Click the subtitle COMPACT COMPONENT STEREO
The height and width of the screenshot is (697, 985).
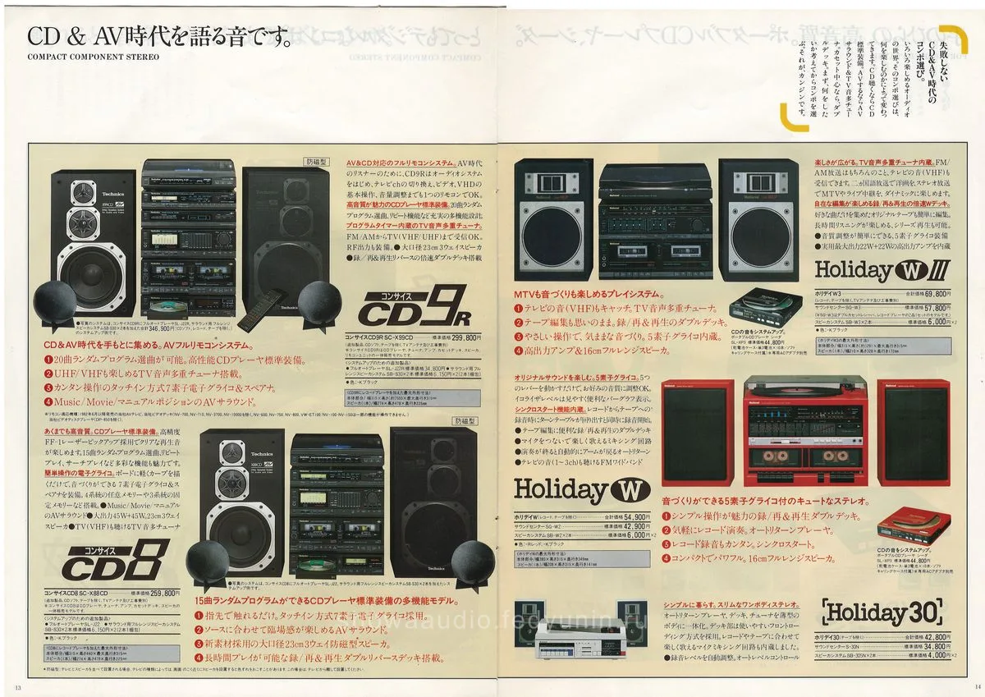(x=93, y=57)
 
